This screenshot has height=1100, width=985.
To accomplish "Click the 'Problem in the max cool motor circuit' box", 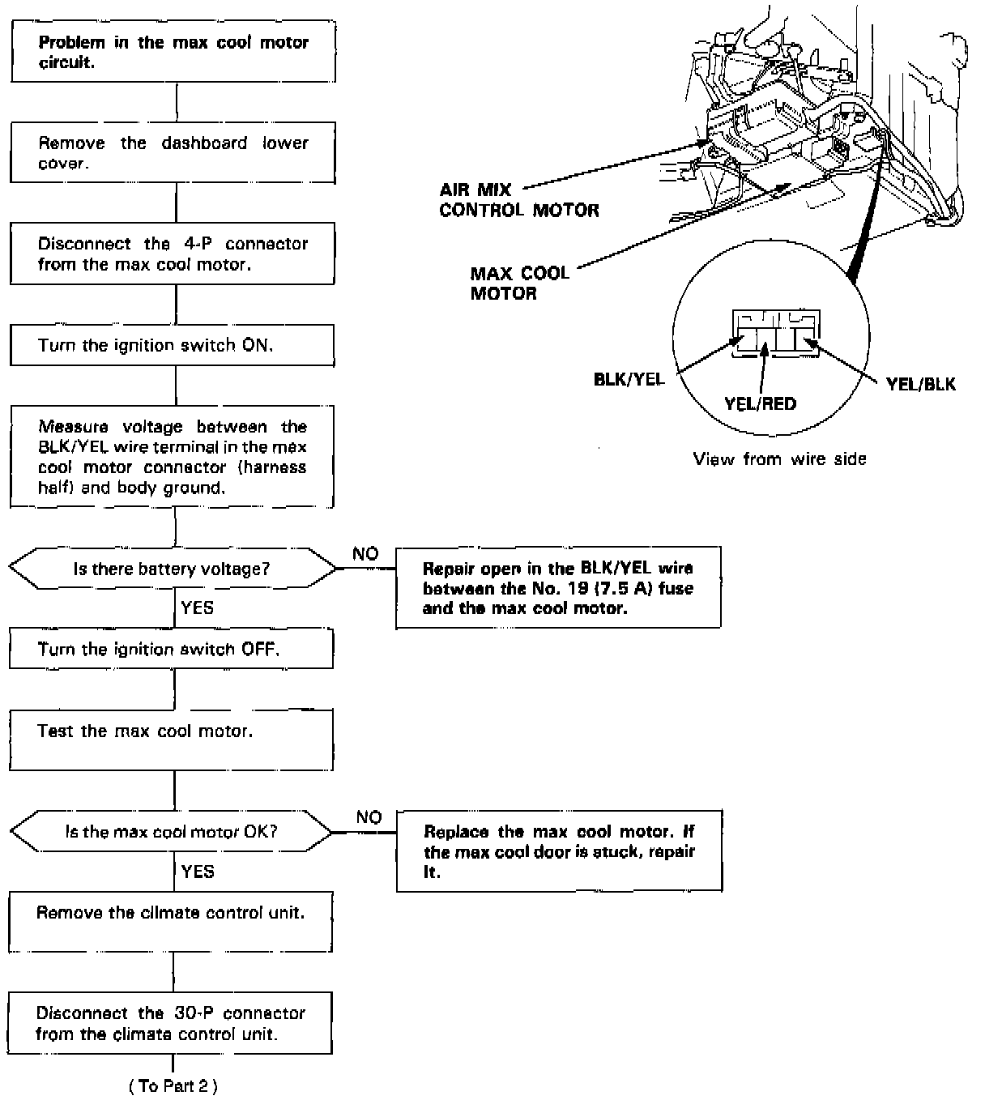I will point(173,53).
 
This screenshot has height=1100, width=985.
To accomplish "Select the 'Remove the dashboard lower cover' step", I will point(173,153).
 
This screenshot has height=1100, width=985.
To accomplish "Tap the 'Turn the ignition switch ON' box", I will point(173,346).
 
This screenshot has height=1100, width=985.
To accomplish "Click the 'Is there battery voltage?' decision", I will point(172,569).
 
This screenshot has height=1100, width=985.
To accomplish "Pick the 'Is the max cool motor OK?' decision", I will point(171,832).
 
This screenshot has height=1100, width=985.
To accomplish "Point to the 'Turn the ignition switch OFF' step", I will point(171,650).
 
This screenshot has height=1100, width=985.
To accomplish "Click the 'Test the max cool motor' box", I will point(171,740).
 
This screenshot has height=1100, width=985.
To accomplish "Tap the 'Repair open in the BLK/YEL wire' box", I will point(558,588).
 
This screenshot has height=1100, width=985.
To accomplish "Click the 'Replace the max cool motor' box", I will point(559,852).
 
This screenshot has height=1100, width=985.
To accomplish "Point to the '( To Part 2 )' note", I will point(173,1086).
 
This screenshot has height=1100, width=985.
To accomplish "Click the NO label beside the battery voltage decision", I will point(365,554).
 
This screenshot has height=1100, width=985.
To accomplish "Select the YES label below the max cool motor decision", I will point(198,872).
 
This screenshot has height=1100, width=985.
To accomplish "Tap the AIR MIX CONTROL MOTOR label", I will point(519,200).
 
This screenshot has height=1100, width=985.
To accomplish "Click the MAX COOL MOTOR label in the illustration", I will point(519,283).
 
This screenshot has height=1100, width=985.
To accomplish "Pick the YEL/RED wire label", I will point(760,403).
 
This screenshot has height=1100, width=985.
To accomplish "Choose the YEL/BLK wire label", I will point(921,384).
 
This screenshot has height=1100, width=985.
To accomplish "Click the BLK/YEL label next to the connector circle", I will point(629,379).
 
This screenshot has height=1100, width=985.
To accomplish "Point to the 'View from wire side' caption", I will point(779,459).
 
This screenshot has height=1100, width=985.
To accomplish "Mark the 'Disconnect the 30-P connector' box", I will point(171,1024).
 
